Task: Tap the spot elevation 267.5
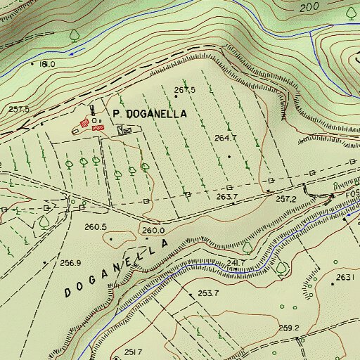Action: [x=184, y=90]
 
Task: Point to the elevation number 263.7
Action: [x=227, y=197]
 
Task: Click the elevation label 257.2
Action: [x=285, y=199]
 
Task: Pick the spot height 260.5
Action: [x=95, y=227]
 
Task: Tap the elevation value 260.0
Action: [x=153, y=230]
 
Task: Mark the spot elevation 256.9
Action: [x=70, y=263]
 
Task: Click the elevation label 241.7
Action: [x=236, y=263]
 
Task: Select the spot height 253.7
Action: [x=208, y=292]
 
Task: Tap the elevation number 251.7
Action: [x=134, y=352]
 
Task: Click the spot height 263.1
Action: [x=345, y=278]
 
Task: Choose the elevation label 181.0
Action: [x=47, y=64]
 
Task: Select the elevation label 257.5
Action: [x=19, y=109]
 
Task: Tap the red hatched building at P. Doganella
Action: [x=98, y=129]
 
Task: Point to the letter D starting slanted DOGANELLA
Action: [x=69, y=292]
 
